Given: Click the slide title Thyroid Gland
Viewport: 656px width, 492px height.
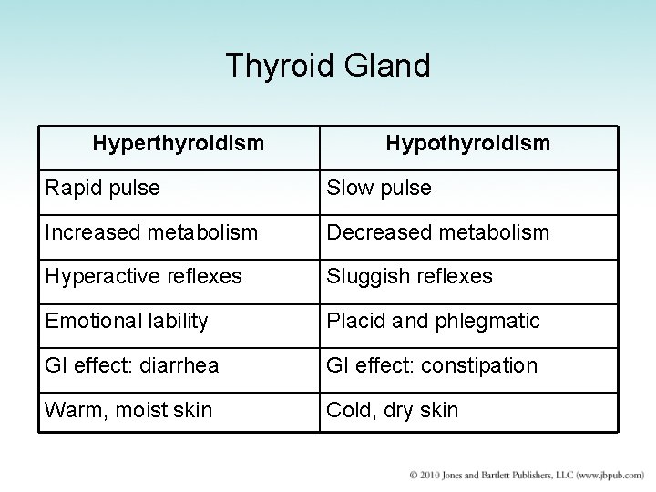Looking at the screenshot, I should [328, 66].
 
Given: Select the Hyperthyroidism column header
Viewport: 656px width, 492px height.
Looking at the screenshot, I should [179, 144].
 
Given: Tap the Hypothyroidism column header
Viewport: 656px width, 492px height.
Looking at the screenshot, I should [467, 144].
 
